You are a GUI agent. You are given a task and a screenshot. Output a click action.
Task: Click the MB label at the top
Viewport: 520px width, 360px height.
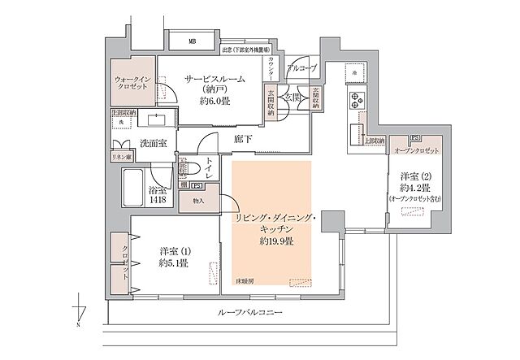[x=193, y=41]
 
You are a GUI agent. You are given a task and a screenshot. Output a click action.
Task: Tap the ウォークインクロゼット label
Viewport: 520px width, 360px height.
[x=131, y=85]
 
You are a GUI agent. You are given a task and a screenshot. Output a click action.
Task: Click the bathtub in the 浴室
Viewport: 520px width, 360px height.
[x=135, y=190]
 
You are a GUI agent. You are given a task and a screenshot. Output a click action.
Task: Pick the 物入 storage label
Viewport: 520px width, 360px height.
[x=197, y=200]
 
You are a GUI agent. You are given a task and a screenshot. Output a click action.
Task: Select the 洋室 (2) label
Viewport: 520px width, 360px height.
[x=416, y=176]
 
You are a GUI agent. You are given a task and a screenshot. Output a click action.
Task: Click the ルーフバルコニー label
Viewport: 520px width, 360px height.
[x=245, y=312]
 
